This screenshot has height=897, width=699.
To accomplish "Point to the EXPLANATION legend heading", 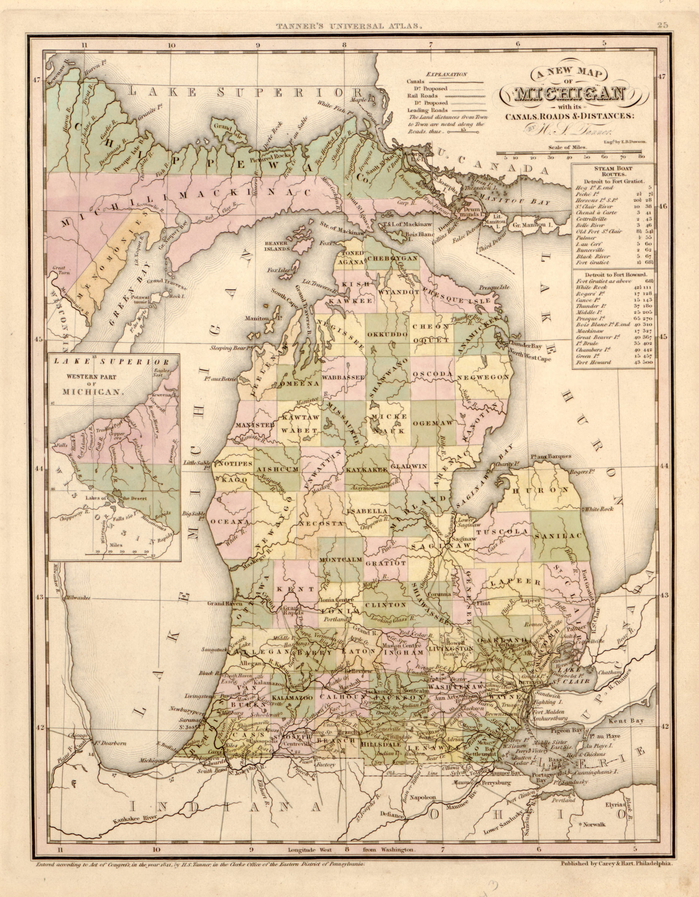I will click(447, 74).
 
